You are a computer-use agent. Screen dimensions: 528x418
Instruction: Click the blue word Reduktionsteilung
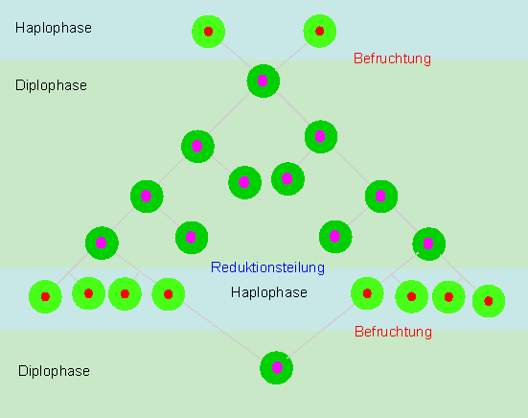coord(267,267)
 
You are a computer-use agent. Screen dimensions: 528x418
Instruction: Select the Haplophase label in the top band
coord(54,28)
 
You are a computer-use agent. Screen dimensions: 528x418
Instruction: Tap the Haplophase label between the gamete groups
coord(268,292)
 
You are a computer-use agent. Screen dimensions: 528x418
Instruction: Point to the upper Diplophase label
coord(51,85)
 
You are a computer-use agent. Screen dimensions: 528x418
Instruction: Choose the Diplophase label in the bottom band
coord(54,371)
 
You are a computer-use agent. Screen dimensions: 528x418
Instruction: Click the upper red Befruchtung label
coord(392,58)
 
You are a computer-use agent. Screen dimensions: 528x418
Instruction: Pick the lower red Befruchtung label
coord(393,332)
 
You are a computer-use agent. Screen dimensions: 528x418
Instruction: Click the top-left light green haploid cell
coord(209,32)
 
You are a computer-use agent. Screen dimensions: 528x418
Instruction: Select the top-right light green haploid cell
coord(319,31)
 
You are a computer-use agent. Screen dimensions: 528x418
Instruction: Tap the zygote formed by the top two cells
coord(263,81)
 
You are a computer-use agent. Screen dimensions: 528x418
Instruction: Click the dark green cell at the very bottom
coord(276,367)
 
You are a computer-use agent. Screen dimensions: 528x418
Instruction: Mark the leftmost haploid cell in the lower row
coord(45,296)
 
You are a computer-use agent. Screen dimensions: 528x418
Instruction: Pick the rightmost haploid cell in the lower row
coord(489,301)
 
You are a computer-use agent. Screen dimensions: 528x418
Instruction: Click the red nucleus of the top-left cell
coord(209,32)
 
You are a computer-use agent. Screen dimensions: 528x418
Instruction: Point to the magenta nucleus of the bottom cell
coord(277,367)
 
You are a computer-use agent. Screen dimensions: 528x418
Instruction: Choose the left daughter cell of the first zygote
coord(197,146)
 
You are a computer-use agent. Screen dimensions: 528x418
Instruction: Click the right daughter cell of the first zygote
coord(321,136)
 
